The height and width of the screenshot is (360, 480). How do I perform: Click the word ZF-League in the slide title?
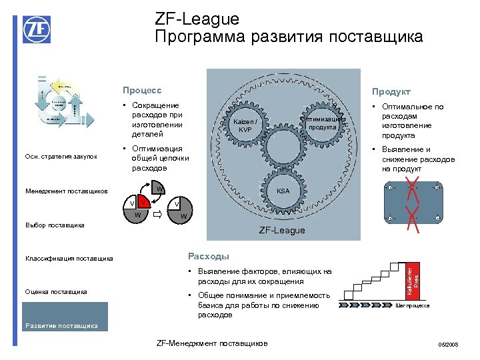point(197,19)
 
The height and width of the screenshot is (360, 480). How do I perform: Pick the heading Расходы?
point(208,256)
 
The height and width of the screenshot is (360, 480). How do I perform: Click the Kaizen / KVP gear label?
point(245,125)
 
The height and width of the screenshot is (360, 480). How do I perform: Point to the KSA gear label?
point(283,190)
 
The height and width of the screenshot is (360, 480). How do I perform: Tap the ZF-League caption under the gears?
point(281,230)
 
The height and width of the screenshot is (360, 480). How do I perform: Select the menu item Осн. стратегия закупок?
point(61,157)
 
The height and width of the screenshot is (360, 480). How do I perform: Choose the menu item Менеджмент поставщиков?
point(67,192)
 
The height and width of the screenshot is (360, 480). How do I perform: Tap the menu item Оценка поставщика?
point(56,291)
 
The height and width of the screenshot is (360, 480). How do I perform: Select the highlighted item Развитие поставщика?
point(61,326)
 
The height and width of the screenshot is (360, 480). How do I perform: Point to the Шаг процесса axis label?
point(413,305)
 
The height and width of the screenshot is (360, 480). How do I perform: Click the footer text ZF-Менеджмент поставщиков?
point(211,343)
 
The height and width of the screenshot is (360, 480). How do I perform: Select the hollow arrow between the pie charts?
point(158,215)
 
